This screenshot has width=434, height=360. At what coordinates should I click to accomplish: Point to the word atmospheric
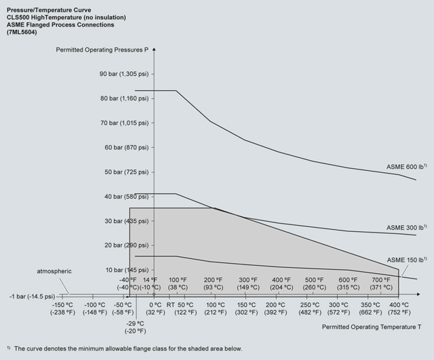click(54, 271)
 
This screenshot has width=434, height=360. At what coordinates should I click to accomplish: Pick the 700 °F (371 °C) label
click(382, 283)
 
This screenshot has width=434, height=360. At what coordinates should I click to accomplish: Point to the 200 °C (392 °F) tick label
click(275, 308)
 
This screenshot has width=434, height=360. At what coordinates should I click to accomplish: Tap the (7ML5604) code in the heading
click(24, 33)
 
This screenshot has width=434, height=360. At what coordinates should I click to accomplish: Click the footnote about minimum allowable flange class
click(123, 348)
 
